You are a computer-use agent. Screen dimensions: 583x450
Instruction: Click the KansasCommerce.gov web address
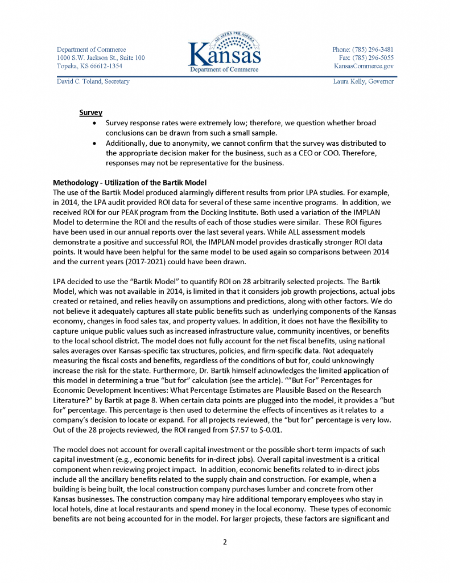pyautogui.click(x=364, y=66)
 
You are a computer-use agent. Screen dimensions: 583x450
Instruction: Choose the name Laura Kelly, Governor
pyautogui.click(x=363, y=81)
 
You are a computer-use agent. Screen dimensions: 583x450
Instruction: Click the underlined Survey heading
pyautogui.click(x=90, y=113)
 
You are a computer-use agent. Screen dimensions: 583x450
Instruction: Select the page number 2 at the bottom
pyautogui.click(x=225, y=541)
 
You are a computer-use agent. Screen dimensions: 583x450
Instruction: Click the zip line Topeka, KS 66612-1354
pyautogui.click(x=89, y=66)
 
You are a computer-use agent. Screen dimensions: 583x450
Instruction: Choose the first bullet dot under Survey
pyautogui.click(x=94, y=123)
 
